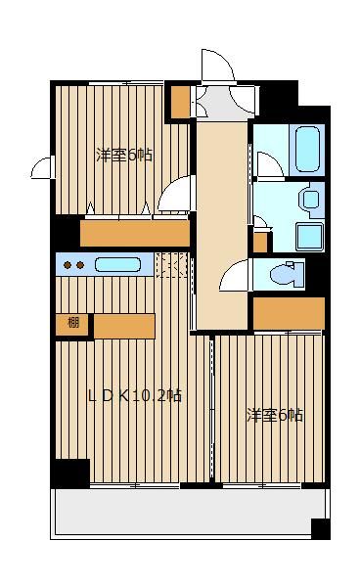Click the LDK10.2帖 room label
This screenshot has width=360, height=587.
[x=135, y=395]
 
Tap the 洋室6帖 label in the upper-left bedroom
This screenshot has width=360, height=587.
[x=124, y=155]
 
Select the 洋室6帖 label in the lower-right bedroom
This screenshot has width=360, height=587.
[x=275, y=415]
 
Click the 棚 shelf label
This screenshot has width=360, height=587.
[x=73, y=322]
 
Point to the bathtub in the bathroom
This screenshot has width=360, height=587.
[x=307, y=149]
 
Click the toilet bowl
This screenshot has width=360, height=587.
[x=287, y=275]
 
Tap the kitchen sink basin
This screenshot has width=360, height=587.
[x=117, y=265]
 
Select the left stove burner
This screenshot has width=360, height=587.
[x=67, y=265]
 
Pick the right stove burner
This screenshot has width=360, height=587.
[x=80, y=265]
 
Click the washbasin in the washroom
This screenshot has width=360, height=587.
[x=311, y=200]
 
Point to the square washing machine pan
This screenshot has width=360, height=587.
[x=310, y=237]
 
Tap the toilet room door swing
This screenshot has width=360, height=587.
[x=233, y=276]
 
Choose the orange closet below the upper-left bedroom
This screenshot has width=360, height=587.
[x=135, y=233]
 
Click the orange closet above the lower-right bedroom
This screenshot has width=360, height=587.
[x=289, y=313]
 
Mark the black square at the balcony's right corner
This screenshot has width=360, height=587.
[x=321, y=528]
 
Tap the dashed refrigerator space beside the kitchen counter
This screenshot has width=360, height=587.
[x=171, y=265]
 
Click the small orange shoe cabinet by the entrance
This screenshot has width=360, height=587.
[x=180, y=102]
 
